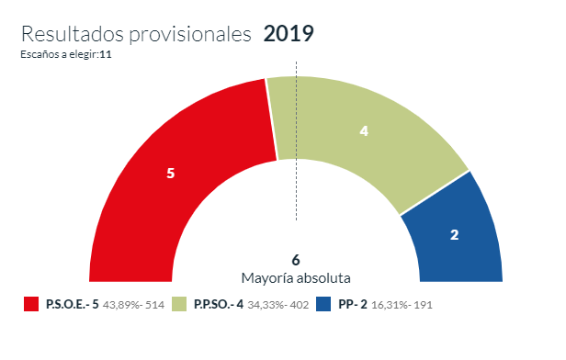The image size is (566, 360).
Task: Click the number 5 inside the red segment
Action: (x=170, y=174)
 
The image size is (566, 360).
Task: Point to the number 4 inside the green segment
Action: (x=364, y=131)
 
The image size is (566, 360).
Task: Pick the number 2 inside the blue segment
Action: (x=454, y=235)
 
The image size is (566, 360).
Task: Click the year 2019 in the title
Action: (x=289, y=35)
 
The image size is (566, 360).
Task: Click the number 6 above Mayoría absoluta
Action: (x=296, y=260)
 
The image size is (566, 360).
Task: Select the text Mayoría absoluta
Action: (x=296, y=276)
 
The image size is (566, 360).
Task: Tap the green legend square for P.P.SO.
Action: (x=179, y=304)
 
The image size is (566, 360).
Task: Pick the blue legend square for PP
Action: (x=323, y=304)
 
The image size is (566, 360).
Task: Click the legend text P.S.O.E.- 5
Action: (x=72, y=304)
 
